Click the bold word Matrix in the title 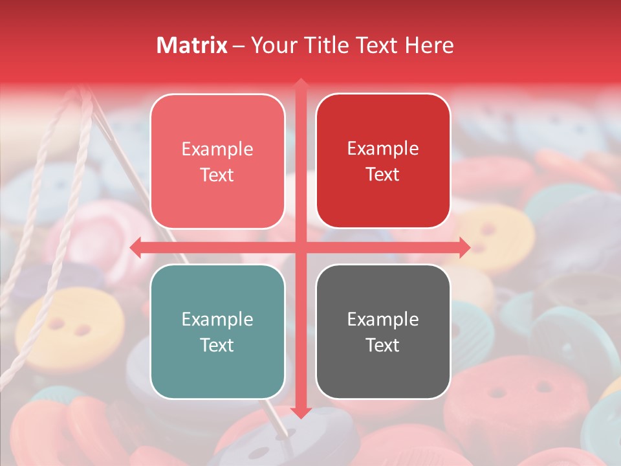click(192, 45)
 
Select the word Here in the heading click(430, 45)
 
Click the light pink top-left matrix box click(217, 161)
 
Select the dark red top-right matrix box click(383, 161)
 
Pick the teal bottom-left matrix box click(217, 331)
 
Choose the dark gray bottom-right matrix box click(383, 331)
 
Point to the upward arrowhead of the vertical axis click(300, 83)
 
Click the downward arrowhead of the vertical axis click(300, 413)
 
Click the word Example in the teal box click(217, 319)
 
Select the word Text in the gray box click(383, 345)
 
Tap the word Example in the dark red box click(383, 148)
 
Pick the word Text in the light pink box click(217, 175)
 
